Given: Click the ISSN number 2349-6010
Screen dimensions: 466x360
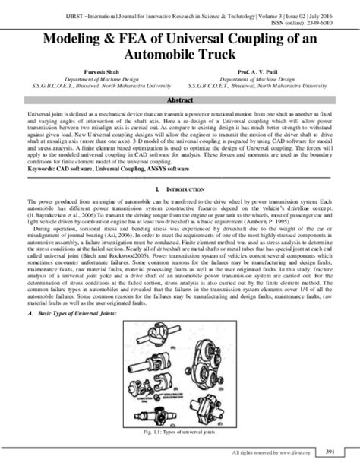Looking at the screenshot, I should (336, 21).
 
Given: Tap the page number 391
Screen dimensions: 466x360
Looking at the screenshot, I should (339, 453).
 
